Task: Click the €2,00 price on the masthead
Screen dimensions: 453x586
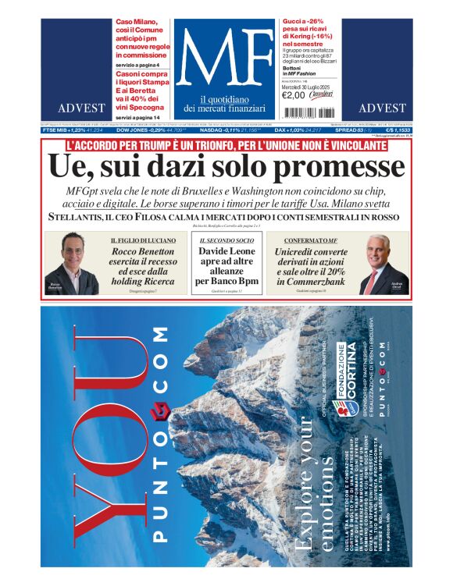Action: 293,96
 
